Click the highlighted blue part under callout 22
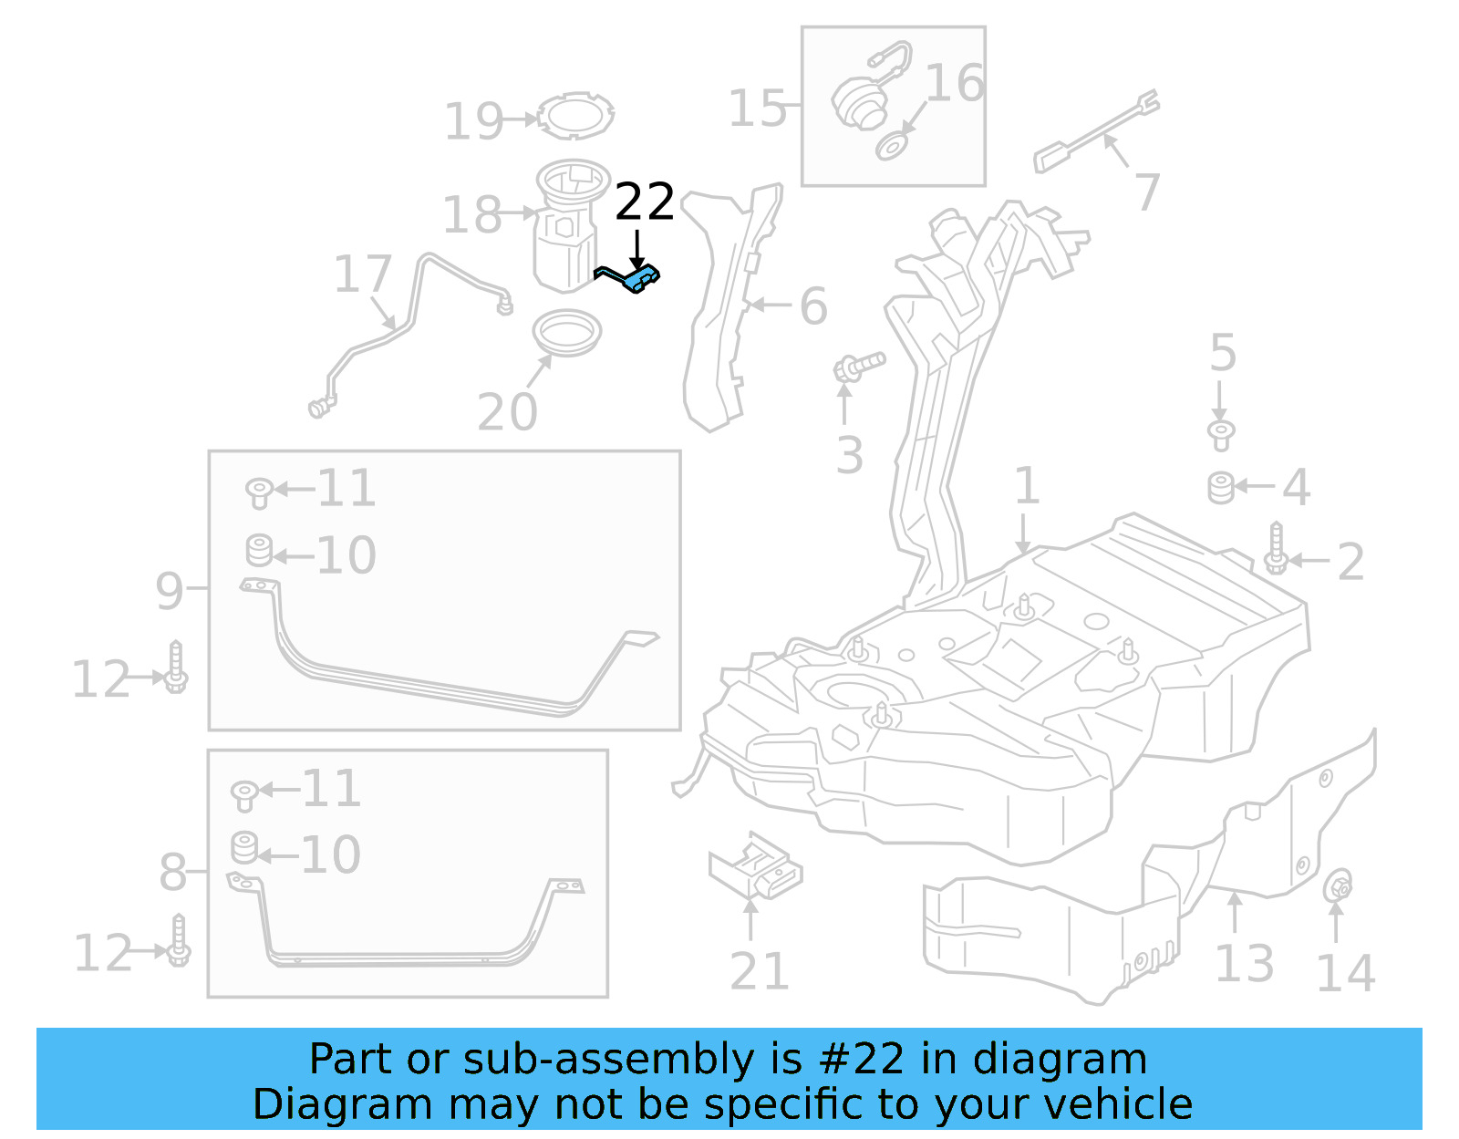click(x=638, y=279)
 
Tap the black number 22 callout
click(x=644, y=202)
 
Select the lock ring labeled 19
click(x=576, y=116)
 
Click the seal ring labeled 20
click(x=566, y=333)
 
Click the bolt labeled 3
click(x=858, y=367)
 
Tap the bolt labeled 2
click(x=1276, y=550)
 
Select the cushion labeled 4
click(x=1221, y=488)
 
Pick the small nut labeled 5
click(x=1221, y=433)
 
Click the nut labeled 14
click(x=1337, y=885)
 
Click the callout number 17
click(x=362, y=274)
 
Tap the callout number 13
click(x=1244, y=964)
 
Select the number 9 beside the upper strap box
click(x=170, y=591)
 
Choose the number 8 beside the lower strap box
click(x=172, y=873)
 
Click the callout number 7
click(x=1146, y=192)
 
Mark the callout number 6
click(x=813, y=306)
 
